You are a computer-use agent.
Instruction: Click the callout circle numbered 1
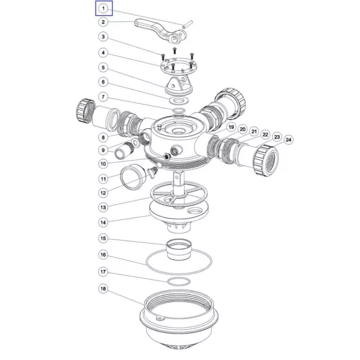[x=103, y=8]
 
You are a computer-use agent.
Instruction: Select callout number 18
[x=103, y=288]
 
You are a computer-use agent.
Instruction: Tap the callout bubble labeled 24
[x=288, y=140]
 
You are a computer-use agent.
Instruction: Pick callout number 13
[x=103, y=207]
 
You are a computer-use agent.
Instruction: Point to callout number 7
[x=103, y=97]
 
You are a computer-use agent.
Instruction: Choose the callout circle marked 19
[x=231, y=127]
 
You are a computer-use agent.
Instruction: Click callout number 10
[x=103, y=164]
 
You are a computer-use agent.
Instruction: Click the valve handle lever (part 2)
[x=161, y=31]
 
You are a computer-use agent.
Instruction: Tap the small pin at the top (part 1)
[x=187, y=24]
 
